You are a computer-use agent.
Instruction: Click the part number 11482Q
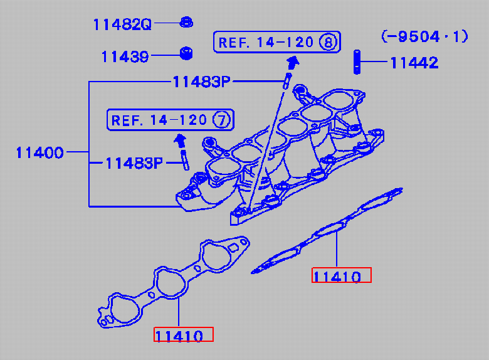point(122,24)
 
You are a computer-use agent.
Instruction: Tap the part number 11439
point(125,57)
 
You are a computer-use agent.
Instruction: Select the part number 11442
point(414,63)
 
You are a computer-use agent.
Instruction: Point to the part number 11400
point(39,152)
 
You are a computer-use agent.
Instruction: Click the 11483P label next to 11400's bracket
point(134,163)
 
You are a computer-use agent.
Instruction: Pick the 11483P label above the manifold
point(201,82)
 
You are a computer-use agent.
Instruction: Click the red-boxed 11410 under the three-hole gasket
point(179,336)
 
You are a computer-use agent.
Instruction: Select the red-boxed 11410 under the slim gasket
point(337,277)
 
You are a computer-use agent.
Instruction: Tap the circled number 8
point(329,42)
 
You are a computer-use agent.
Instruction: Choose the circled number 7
point(222,120)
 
